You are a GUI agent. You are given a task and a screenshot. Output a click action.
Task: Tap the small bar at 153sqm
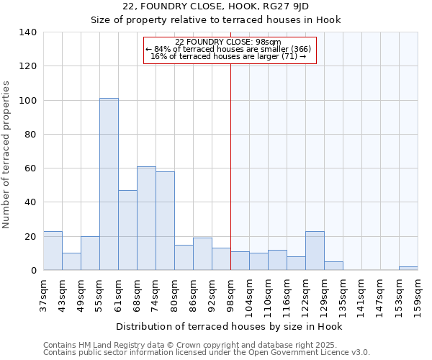[408, 268]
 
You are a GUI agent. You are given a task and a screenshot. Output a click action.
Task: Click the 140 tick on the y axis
[27, 32]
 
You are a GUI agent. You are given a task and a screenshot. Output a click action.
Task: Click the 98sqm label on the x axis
[230, 293]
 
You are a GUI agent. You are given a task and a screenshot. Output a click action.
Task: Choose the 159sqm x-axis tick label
[418, 293]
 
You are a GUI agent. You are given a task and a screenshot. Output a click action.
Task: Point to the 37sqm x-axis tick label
[43, 293]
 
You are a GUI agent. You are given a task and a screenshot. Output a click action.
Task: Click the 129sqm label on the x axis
[324, 293]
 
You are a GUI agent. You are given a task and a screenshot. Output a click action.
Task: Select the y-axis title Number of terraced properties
[6, 155]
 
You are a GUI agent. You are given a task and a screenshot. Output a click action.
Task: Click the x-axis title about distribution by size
[229, 327]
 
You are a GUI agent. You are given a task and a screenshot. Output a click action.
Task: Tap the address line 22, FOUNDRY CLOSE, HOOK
[215, 6]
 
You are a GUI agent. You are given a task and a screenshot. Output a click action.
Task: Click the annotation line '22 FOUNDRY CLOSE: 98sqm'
[228, 42]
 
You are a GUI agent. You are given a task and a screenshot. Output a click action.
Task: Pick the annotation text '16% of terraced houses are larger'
[228, 56]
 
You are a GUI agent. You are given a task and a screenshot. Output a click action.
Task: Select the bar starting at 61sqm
[127, 230]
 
